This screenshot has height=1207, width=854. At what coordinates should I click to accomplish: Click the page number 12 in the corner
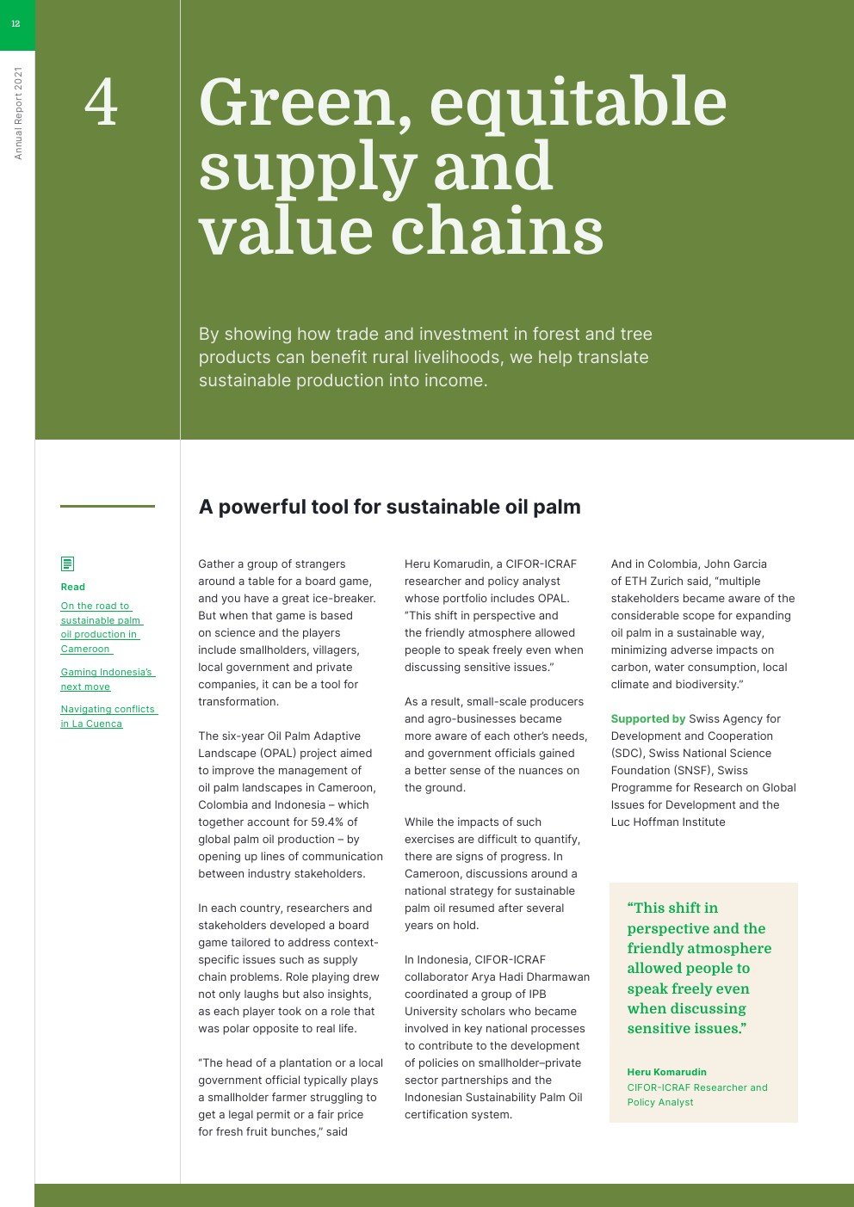click(15, 24)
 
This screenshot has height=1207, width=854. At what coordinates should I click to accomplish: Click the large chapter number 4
click(101, 103)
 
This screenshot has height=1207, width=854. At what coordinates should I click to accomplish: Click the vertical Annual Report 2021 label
click(18, 114)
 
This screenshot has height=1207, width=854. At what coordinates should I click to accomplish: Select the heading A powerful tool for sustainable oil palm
click(389, 507)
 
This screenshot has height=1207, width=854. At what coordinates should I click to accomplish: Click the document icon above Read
click(67, 564)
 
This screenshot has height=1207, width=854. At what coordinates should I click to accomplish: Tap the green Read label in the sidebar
click(73, 587)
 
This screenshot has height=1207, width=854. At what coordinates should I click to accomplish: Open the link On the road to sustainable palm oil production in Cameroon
click(99, 627)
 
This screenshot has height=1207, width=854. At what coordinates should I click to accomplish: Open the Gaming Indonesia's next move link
click(106, 679)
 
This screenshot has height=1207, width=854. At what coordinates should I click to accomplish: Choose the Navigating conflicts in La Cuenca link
click(108, 716)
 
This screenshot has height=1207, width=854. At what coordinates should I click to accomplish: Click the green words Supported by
click(647, 718)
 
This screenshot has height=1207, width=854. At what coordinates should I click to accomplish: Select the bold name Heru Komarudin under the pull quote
click(666, 1072)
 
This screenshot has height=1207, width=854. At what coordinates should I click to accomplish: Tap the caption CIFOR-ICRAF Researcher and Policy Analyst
click(696, 1094)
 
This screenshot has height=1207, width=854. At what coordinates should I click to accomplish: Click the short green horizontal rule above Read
click(108, 506)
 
